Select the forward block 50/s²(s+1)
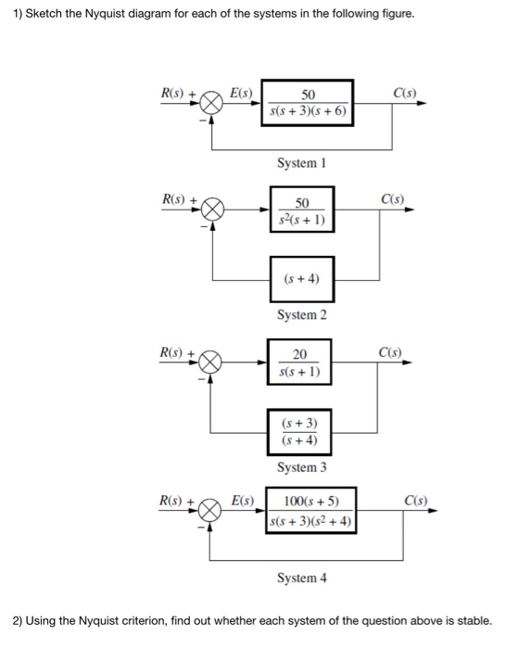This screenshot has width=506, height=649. pos(302,210)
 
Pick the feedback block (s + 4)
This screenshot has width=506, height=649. pos(302,278)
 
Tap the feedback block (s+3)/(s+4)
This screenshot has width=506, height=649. pos(300,431)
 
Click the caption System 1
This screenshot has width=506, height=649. pos(301,163)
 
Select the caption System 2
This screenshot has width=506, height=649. pos(301,315)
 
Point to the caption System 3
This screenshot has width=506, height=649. pos(301,468)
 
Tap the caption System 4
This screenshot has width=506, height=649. pos(301,578)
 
